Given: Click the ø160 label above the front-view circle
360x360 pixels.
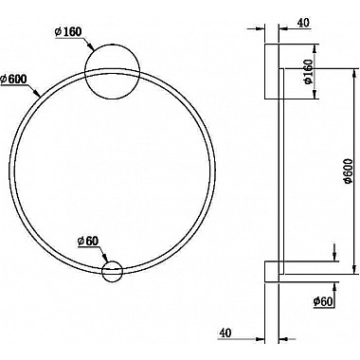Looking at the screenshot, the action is (68, 31).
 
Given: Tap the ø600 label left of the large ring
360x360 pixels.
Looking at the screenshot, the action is (13, 79).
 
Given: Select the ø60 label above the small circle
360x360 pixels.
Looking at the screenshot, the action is (88, 242).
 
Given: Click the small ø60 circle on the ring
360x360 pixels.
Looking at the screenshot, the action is (112, 271).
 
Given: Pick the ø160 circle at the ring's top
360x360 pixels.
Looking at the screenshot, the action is (112, 72).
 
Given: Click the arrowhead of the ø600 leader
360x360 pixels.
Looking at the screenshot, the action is (37, 93).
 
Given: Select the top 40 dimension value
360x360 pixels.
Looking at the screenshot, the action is (303, 23).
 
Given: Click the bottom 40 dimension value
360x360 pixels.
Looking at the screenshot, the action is (225, 333).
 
